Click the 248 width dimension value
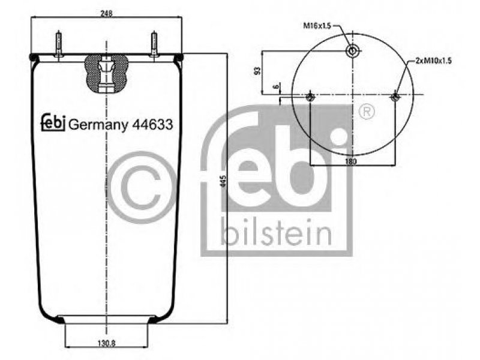coord(107,13)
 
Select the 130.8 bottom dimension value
coord(107,344)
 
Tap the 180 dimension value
coord(351,161)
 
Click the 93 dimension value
coord(258,71)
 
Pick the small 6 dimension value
coord(277,86)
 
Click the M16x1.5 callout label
coord(317,26)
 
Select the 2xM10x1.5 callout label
coord(433,61)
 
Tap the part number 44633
coord(152,124)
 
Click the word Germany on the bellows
coord(98,125)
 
